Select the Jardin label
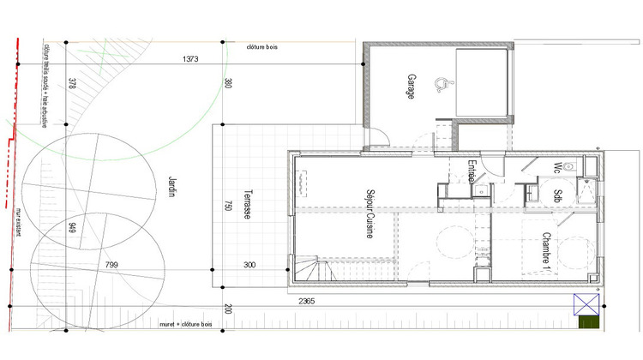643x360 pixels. tap(171, 183)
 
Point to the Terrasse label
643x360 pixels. tap(247, 206)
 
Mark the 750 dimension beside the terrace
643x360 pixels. tap(228, 208)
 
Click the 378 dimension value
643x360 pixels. tap(72, 83)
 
